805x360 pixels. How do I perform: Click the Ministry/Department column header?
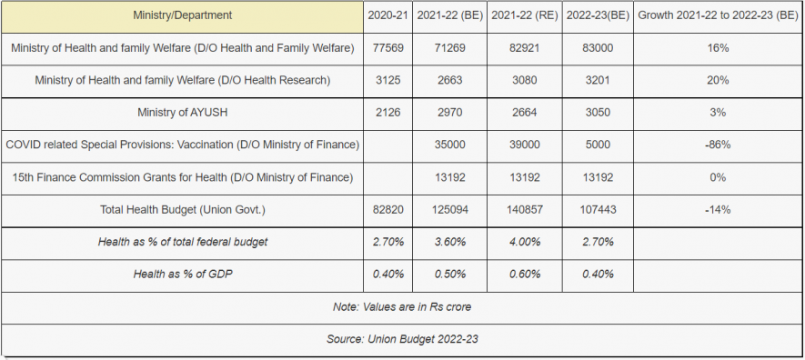(x=182, y=15)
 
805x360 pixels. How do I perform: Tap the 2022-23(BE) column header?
(x=598, y=15)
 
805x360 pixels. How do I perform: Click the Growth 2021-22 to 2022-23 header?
(x=718, y=15)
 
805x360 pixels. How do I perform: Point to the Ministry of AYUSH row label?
(x=182, y=113)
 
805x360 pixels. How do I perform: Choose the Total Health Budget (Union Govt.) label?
(x=182, y=210)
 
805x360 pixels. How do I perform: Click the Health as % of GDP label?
(x=182, y=274)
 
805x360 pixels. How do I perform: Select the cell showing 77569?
(x=387, y=47)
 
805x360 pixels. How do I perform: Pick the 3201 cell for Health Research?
(x=598, y=80)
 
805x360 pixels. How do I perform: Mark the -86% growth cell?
(x=718, y=145)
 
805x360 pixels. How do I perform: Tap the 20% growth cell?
(x=718, y=80)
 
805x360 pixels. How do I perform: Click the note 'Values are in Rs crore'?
(x=402, y=306)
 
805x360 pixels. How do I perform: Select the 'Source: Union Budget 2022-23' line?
(x=402, y=339)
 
